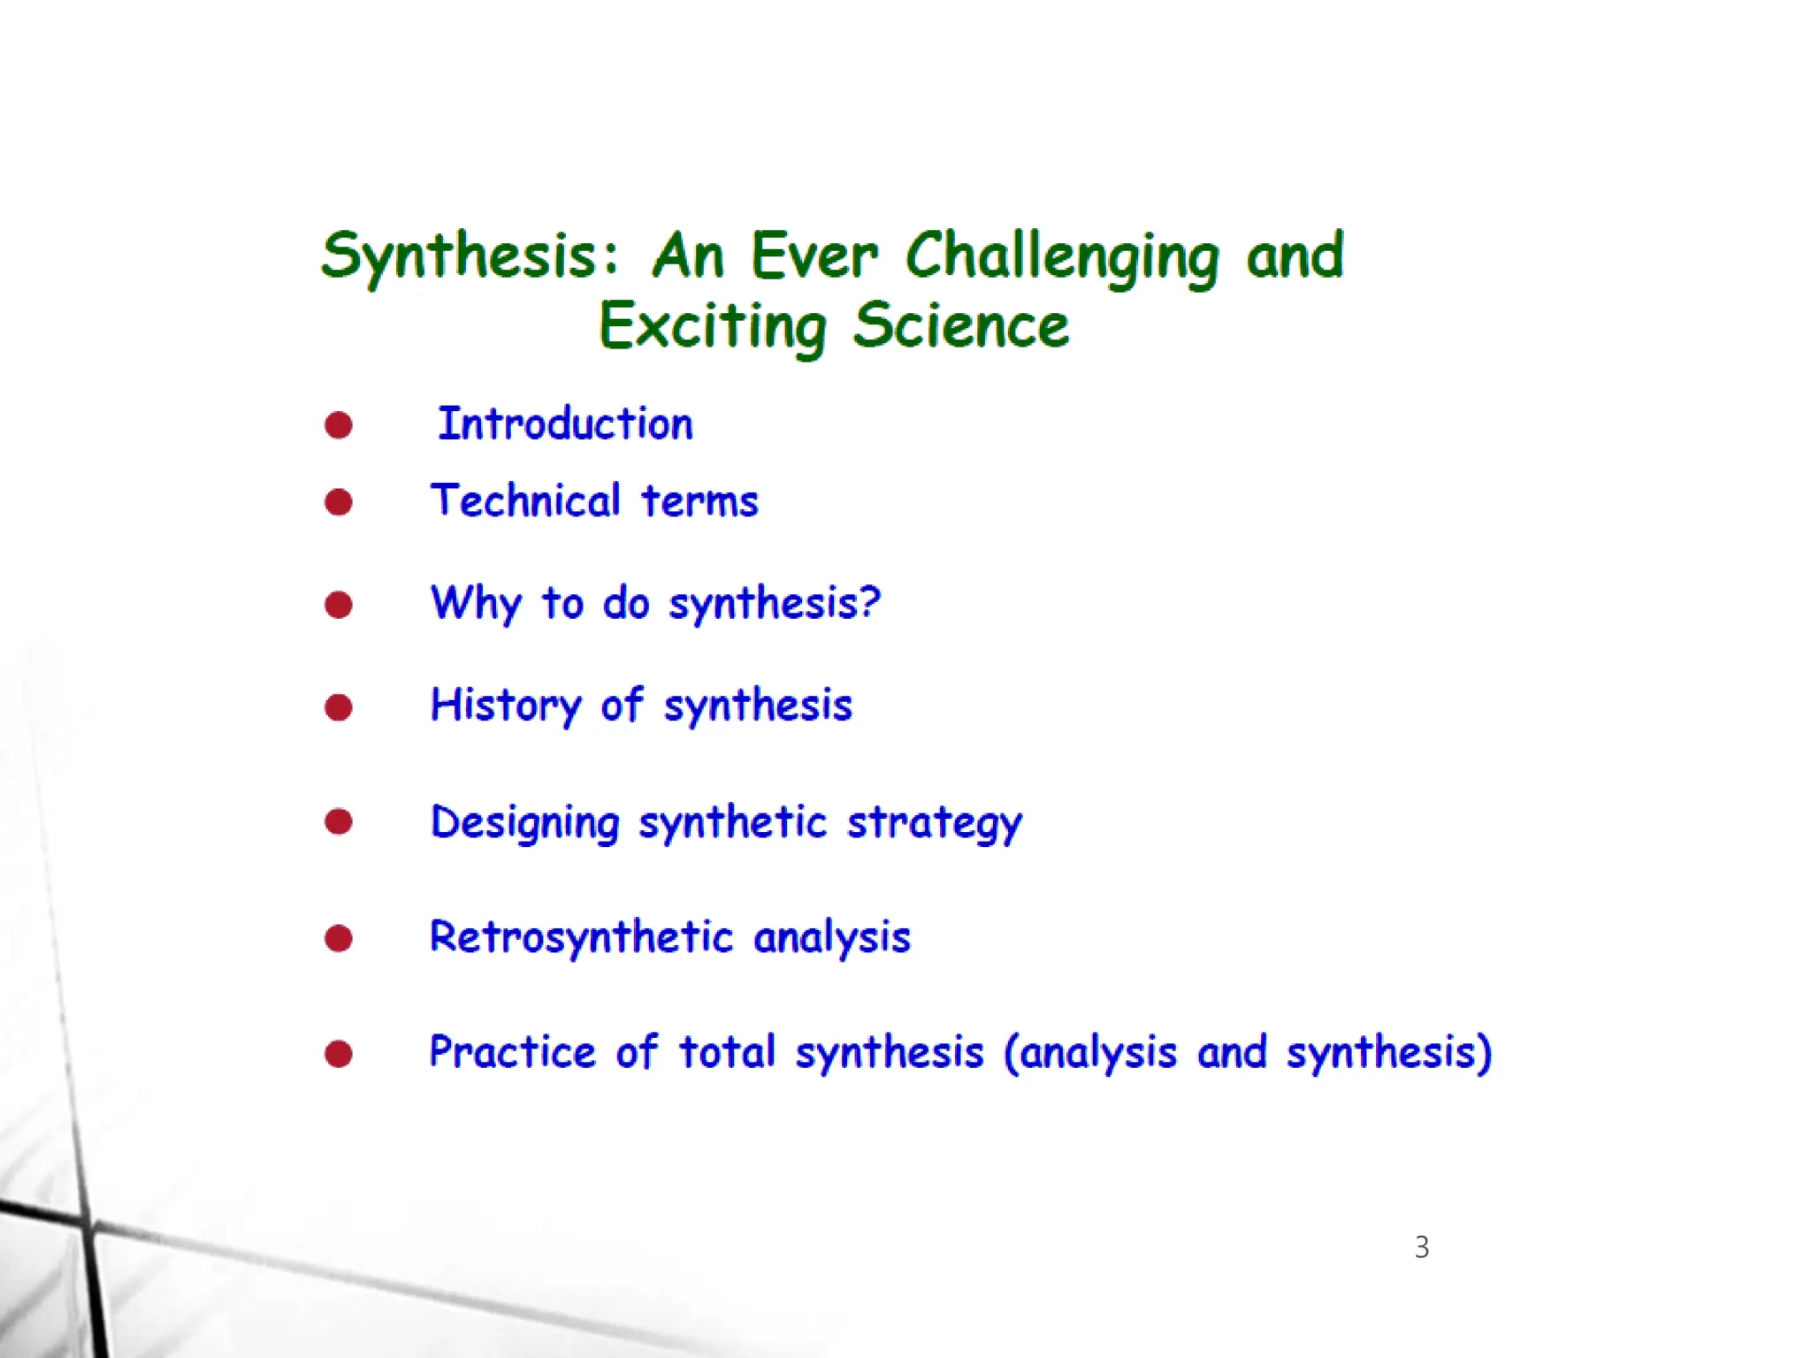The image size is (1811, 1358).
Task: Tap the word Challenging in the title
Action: [1061, 256]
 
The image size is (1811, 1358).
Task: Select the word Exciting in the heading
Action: [713, 326]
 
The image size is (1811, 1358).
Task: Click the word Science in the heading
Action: [961, 326]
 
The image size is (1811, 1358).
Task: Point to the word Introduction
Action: [566, 424]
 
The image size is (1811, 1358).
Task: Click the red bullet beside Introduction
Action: [339, 425]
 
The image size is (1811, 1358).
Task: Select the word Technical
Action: [526, 501]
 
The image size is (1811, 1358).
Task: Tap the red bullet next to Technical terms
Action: [339, 502]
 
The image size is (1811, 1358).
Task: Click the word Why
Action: [476, 604]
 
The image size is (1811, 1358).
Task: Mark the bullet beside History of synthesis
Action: [339, 707]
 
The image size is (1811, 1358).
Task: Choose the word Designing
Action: [525, 823]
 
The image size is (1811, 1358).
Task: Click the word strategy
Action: [935, 823]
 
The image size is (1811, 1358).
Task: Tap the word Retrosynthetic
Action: [582, 938]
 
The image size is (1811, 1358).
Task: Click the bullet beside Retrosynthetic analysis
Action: [339, 938]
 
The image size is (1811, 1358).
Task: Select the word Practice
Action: [513, 1053]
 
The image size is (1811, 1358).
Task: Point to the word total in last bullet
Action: [727, 1053]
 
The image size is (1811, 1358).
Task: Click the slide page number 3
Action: [1422, 1247]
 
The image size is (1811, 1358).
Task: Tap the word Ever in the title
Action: [814, 256]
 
